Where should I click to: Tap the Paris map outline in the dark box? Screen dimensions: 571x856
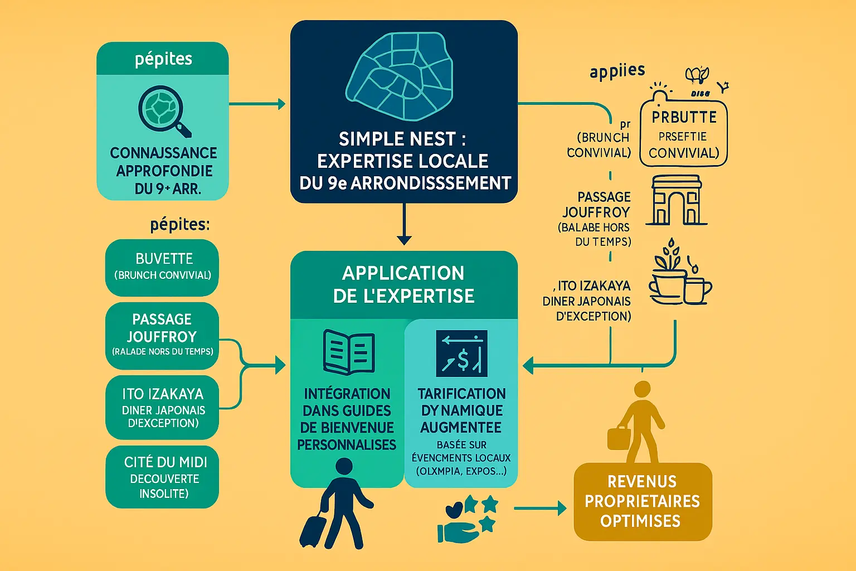(401, 76)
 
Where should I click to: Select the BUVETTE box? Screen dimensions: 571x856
(162, 267)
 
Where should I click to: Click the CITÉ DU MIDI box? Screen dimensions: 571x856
(162, 477)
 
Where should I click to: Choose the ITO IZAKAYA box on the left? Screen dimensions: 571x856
(162, 408)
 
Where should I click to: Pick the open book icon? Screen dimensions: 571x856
(349, 352)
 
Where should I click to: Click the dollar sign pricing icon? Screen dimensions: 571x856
(461, 354)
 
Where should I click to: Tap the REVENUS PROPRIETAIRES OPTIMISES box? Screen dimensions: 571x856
(643, 501)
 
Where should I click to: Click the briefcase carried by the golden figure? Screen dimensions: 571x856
(619, 437)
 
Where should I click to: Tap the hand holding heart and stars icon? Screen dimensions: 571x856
(467, 519)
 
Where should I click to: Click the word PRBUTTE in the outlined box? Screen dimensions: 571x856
(684, 117)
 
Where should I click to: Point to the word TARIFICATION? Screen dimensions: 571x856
(461, 394)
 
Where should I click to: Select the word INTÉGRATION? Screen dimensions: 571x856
(347, 394)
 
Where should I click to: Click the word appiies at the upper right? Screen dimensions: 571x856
(617, 71)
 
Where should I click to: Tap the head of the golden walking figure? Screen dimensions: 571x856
(643, 389)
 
